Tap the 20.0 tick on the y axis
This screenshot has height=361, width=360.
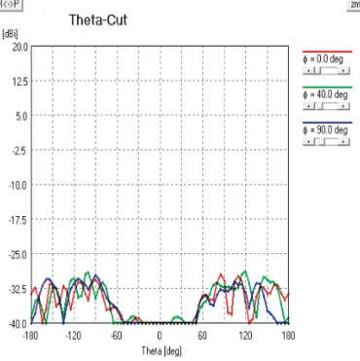pos(20,46)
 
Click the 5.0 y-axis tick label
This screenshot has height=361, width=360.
pos(22,115)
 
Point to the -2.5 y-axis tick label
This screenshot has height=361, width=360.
pos(20,150)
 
